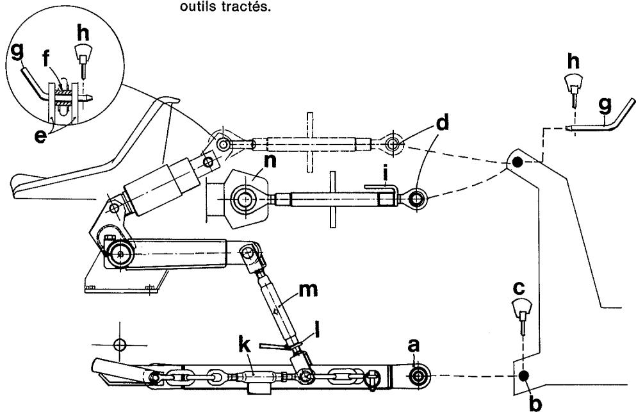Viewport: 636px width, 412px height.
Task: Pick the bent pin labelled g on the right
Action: [605, 123]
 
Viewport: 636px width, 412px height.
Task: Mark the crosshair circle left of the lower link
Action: [118, 345]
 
